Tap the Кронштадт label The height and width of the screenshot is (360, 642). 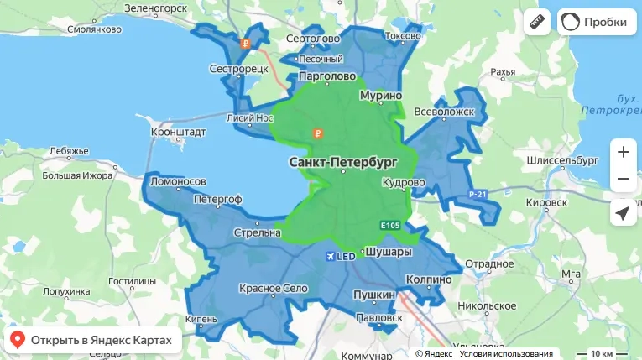point(178,133)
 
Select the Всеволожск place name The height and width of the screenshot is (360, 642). point(446,112)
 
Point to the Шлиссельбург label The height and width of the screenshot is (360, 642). point(561,159)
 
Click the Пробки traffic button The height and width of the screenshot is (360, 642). point(594,22)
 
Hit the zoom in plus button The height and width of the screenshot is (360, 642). point(623,153)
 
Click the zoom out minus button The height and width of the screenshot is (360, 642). point(623,179)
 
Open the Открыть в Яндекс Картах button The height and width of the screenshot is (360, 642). point(92,340)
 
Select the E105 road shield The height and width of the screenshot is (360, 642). point(390,226)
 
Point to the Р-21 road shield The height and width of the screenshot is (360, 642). point(478,195)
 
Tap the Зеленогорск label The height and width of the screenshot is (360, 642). point(155,8)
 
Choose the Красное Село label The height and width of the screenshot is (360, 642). point(272,289)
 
